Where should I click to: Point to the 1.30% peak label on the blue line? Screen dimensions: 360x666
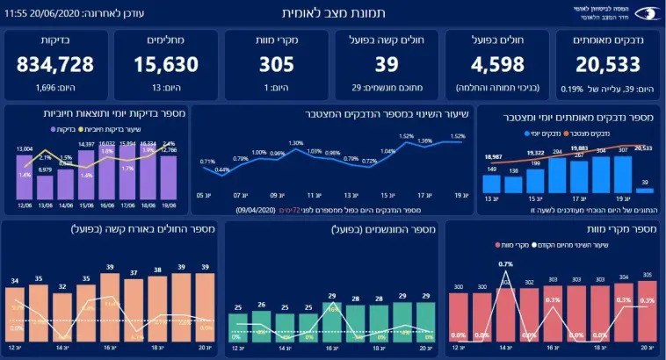click(x=295, y=143)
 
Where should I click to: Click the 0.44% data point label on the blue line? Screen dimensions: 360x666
click(x=223, y=169)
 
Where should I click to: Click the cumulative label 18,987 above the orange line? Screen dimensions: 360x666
click(x=493, y=155)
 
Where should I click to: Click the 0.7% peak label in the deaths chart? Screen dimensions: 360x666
click(x=506, y=263)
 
